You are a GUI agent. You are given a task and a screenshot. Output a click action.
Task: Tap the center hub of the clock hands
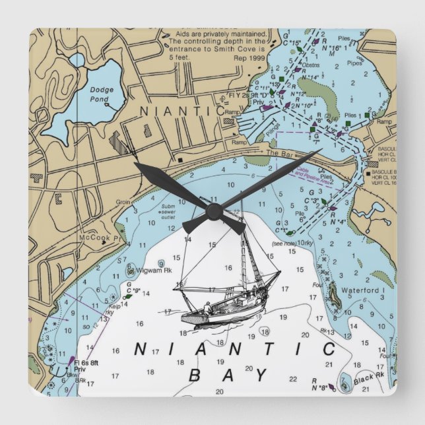[x=212, y=211]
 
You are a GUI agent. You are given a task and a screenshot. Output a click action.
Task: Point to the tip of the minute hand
[x=320, y=151]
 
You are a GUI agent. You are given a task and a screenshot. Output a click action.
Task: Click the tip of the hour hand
[x=136, y=164]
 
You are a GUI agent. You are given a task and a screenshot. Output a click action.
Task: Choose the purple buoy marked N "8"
[x=331, y=387]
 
